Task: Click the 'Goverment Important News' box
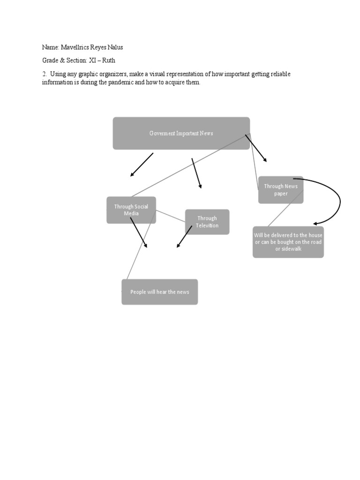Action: (x=181, y=134)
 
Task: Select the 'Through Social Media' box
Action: (x=131, y=210)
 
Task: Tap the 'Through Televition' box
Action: (x=207, y=222)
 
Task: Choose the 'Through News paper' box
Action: (x=281, y=190)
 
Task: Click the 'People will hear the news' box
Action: (x=159, y=292)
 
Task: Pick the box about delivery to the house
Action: (x=288, y=242)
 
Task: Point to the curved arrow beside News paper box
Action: (x=337, y=202)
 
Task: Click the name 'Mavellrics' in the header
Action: (x=76, y=47)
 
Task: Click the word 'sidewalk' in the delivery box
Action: (x=291, y=249)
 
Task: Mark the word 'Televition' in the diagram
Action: (x=207, y=225)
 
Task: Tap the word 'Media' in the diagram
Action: (x=131, y=214)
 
